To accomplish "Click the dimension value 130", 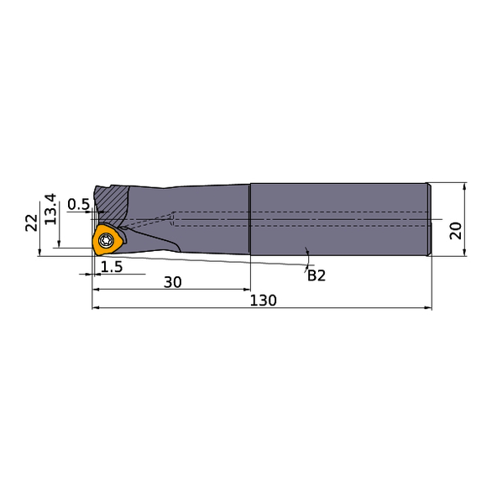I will [x=263, y=300].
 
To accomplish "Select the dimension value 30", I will [x=173, y=283].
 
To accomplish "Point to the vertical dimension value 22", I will [x=30, y=222].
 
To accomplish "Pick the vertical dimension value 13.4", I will [x=50, y=208].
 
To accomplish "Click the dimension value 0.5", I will [x=78, y=204].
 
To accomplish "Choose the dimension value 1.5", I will [x=112, y=267].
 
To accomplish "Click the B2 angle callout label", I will [x=316, y=275].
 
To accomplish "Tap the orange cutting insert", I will [x=107, y=240].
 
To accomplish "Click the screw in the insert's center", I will [x=107, y=241].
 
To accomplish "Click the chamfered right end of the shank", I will [x=430, y=220].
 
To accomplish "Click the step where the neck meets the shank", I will [x=250, y=220].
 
